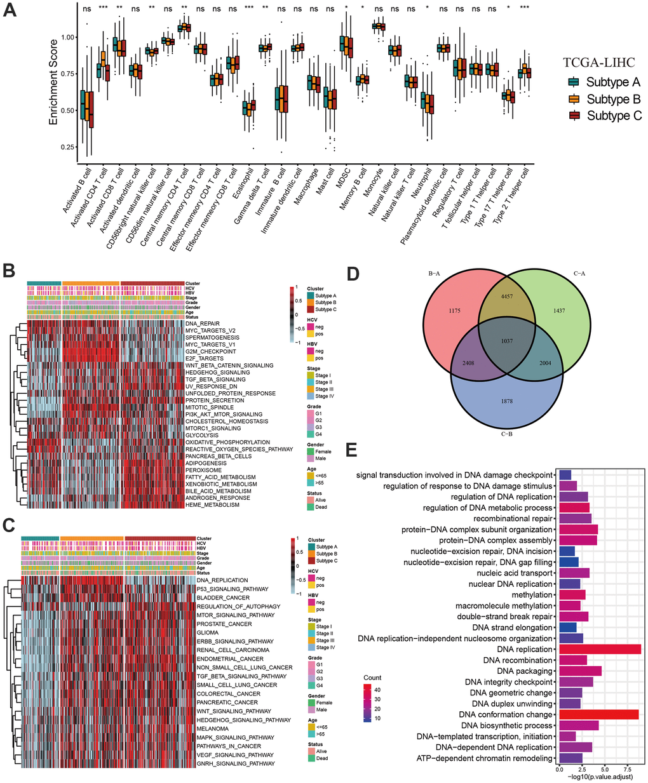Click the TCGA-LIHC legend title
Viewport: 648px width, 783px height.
click(x=602, y=62)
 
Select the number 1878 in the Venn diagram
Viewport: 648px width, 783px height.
click(x=506, y=401)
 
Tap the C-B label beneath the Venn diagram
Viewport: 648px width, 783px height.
click(x=506, y=452)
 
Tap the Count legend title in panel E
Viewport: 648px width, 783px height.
click(x=373, y=678)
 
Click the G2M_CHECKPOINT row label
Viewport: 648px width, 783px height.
click(x=210, y=351)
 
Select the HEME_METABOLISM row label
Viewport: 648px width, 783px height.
click(x=212, y=505)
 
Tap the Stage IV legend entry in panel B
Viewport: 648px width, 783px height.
click(x=325, y=396)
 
